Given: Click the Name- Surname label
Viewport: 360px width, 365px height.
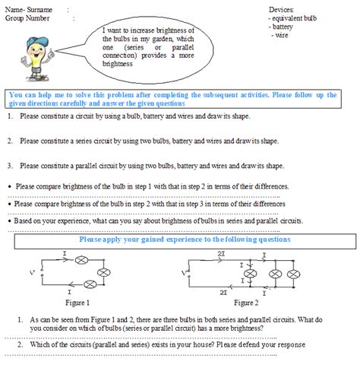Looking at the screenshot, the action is tap(29, 10).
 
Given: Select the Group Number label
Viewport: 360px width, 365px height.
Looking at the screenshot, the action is tap(27, 18).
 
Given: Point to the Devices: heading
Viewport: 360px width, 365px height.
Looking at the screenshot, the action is tap(281, 10).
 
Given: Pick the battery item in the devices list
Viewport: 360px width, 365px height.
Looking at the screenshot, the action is tap(283, 27).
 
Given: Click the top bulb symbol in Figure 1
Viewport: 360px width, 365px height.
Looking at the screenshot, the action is tap(81, 260).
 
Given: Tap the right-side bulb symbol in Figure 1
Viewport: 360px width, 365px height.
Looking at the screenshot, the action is tap(104, 272).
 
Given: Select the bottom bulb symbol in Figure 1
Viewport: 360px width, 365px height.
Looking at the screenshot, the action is tap(90, 284).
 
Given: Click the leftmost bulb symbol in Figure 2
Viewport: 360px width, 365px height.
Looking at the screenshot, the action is tap(250, 274).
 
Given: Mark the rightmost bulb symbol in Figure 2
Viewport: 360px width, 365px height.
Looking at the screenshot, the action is tap(293, 274).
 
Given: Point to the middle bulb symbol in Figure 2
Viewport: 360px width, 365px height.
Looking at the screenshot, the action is tap(275, 274).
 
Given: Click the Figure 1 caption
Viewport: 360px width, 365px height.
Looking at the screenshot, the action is tap(77, 303).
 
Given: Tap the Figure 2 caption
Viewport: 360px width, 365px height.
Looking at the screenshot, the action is tap(246, 303).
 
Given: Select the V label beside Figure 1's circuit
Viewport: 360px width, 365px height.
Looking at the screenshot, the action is tap(32, 273).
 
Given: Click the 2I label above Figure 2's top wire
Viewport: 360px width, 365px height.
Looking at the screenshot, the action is tap(221, 253).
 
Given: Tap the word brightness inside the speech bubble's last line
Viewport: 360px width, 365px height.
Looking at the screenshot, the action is tap(117, 64).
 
